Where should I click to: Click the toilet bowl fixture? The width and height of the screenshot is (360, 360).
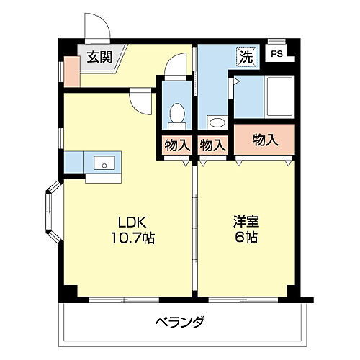click(176, 114)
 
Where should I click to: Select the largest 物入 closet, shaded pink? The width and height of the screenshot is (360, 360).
click(265, 140)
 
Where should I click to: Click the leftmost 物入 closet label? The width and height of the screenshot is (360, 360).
click(176, 145)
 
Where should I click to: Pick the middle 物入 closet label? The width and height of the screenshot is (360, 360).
click(212, 145)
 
